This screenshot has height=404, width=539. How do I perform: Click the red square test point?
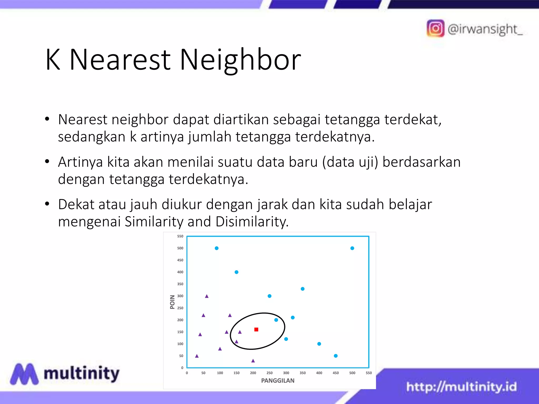[x=256, y=330]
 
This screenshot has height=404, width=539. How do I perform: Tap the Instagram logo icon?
[x=435, y=28]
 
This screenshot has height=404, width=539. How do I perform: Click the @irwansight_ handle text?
[x=485, y=29]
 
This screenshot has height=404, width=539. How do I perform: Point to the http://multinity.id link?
[x=461, y=387]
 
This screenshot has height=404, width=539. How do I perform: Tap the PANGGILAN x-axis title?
[x=278, y=381]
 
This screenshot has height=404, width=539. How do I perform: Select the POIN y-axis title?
[x=172, y=302]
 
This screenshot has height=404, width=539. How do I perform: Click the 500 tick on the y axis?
[x=180, y=248]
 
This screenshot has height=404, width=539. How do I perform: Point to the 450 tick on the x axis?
[x=336, y=373]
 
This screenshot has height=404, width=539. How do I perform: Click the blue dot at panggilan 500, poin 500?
[x=352, y=248]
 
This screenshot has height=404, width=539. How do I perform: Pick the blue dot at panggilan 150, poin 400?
[x=236, y=272]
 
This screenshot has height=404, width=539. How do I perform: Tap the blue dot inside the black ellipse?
[x=276, y=320]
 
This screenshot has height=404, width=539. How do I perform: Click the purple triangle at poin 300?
[x=207, y=296]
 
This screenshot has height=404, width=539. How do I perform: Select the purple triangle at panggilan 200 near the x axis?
[x=253, y=361]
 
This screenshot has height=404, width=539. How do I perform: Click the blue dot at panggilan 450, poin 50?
[x=336, y=356]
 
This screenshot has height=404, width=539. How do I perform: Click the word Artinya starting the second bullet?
[x=80, y=162]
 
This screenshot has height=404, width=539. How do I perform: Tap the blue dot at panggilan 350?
[x=303, y=289]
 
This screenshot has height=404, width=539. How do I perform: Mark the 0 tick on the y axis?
[x=182, y=368]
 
